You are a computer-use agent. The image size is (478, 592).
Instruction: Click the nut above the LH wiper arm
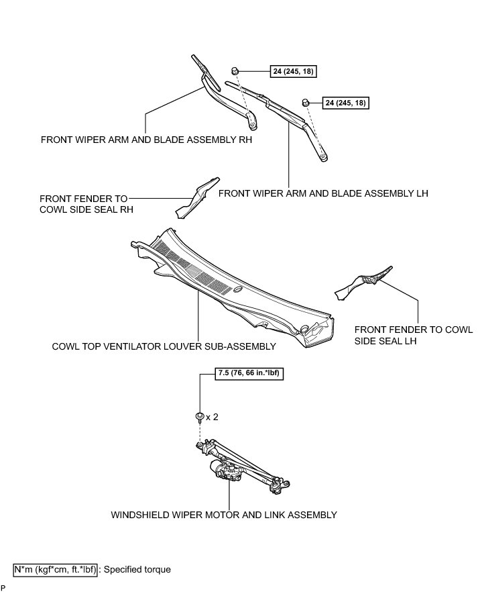pyautogui.click(x=305, y=102)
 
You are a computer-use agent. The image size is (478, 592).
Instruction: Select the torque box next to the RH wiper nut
pyautogui.click(x=295, y=71)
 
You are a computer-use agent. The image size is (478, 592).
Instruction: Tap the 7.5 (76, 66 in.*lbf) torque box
pyautogui.click(x=249, y=375)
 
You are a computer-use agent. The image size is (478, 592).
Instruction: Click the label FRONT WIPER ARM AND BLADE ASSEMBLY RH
pyautogui.click(x=141, y=141)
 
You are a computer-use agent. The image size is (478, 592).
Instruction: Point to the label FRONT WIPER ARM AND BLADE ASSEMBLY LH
pyautogui.click(x=323, y=193)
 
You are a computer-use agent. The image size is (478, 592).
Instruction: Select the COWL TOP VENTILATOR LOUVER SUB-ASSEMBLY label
pyautogui.click(x=164, y=347)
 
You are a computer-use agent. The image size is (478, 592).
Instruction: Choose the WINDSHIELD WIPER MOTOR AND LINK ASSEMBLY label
pyautogui.click(x=223, y=515)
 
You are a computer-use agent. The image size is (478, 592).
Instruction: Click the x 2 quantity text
pyautogui.click(x=212, y=417)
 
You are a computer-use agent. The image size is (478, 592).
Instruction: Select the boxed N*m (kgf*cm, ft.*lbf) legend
pyautogui.click(x=56, y=569)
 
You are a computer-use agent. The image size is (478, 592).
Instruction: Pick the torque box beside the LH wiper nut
pyautogui.click(x=346, y=103)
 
